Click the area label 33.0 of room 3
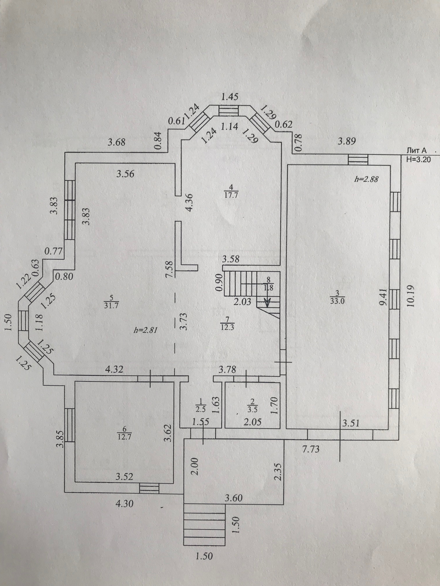click(x=337, y=301)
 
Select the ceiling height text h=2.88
click(x=366, y=179)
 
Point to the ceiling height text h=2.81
click(x=146, y=330)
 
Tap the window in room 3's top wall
click(x=358, y=160)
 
